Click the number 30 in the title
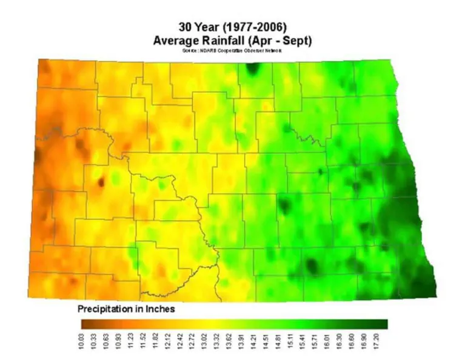point(186,27)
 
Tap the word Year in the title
point(210,27)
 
